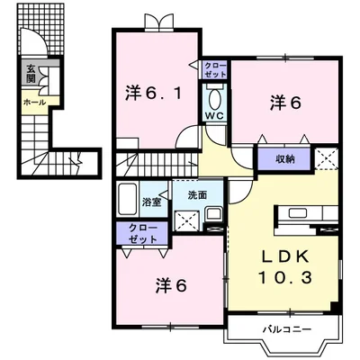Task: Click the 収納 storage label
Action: pos(284,158)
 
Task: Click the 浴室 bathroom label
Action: pos(150,201)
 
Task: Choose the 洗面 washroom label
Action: pos(198,194)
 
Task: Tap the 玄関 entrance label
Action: pos(30,74)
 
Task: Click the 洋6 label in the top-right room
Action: pos(284,103)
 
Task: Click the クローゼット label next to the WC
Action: pos(215,70)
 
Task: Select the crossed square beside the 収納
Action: pos(327,159)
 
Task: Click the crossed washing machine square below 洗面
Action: pos(187,219)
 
